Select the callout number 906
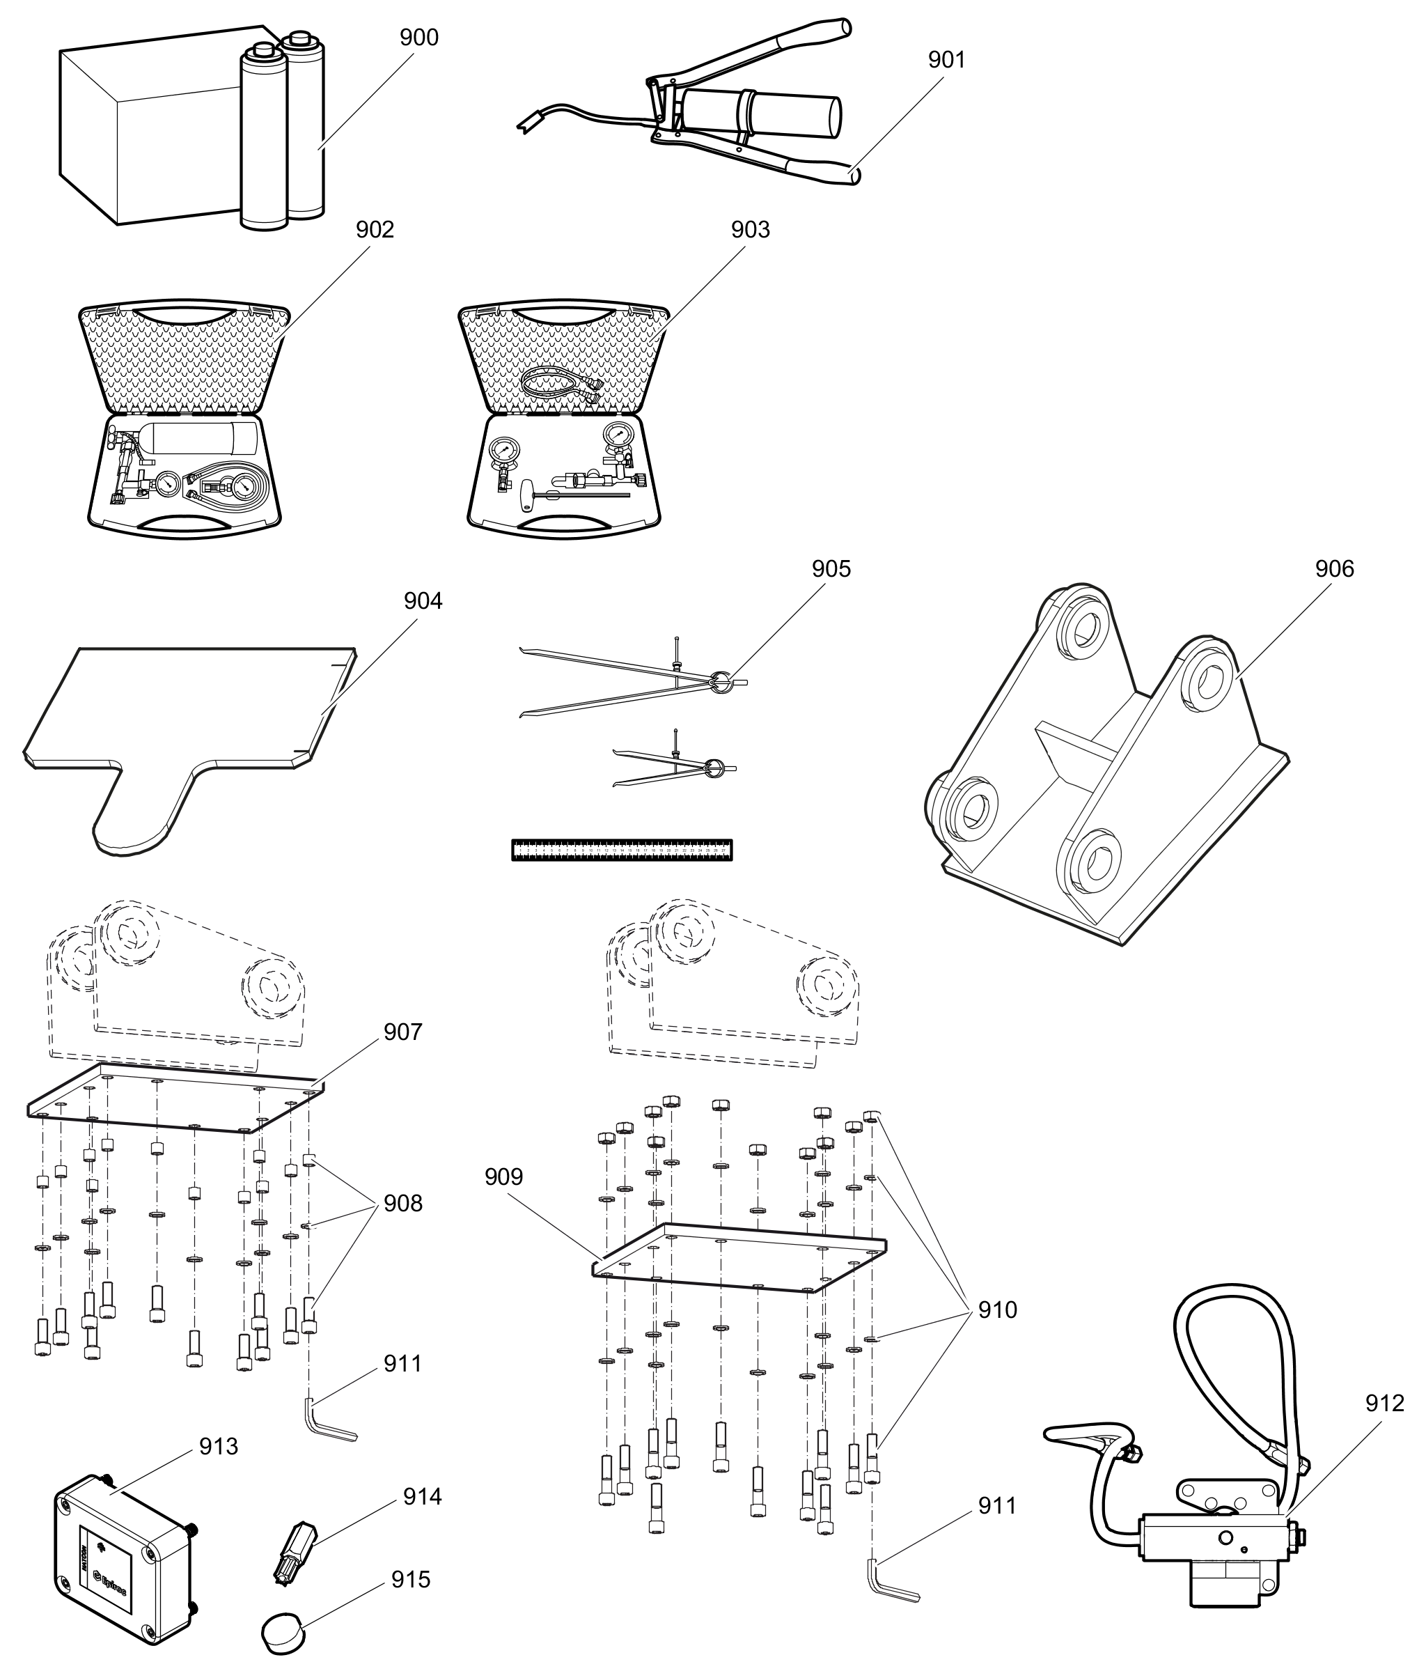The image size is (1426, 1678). pos(1334,568)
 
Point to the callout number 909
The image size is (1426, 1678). pos(503,1176)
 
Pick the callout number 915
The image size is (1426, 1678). pos(411,1579)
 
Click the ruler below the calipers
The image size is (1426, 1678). pos(621,850)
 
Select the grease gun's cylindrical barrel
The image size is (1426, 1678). pos(760,114)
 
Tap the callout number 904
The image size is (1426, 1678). pos(423,601)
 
